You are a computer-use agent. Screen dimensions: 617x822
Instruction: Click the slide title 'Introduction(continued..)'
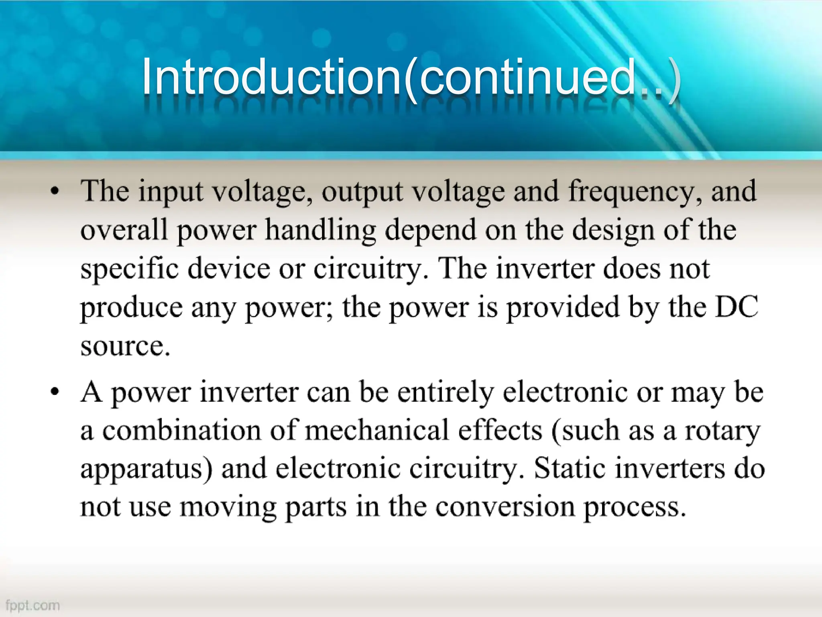pyautogui.click(x=411, y=77)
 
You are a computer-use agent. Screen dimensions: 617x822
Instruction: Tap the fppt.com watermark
pyautogui.click(x=33, y=605)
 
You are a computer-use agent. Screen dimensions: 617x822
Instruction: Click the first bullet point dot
pyautogui.click(x=55, y=192)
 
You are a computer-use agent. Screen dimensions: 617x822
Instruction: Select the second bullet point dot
pyautogui.click(x=55, y=391)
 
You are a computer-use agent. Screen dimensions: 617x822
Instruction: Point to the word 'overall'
pyautogui.click(x=124, y=230)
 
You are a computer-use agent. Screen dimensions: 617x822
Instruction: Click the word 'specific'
pyautogui.click(x=129, y=269)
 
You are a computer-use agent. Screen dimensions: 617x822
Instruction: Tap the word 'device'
pyautogui.click(x=229, y=268)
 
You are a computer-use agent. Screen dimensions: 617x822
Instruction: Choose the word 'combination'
pyautogui.click(x=181, y=431)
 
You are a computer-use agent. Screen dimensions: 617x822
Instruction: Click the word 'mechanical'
pyautogui.click(x=376, y=431)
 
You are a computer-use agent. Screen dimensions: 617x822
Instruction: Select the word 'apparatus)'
pyautogui.click(x=146, y=469)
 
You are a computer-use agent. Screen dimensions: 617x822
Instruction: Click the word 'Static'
pyautogui.click(x=570, y=468)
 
